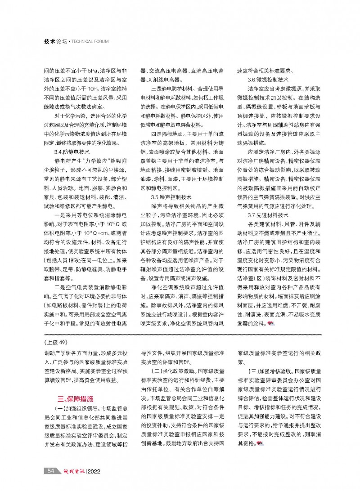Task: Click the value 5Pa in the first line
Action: [x=96, y=71]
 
